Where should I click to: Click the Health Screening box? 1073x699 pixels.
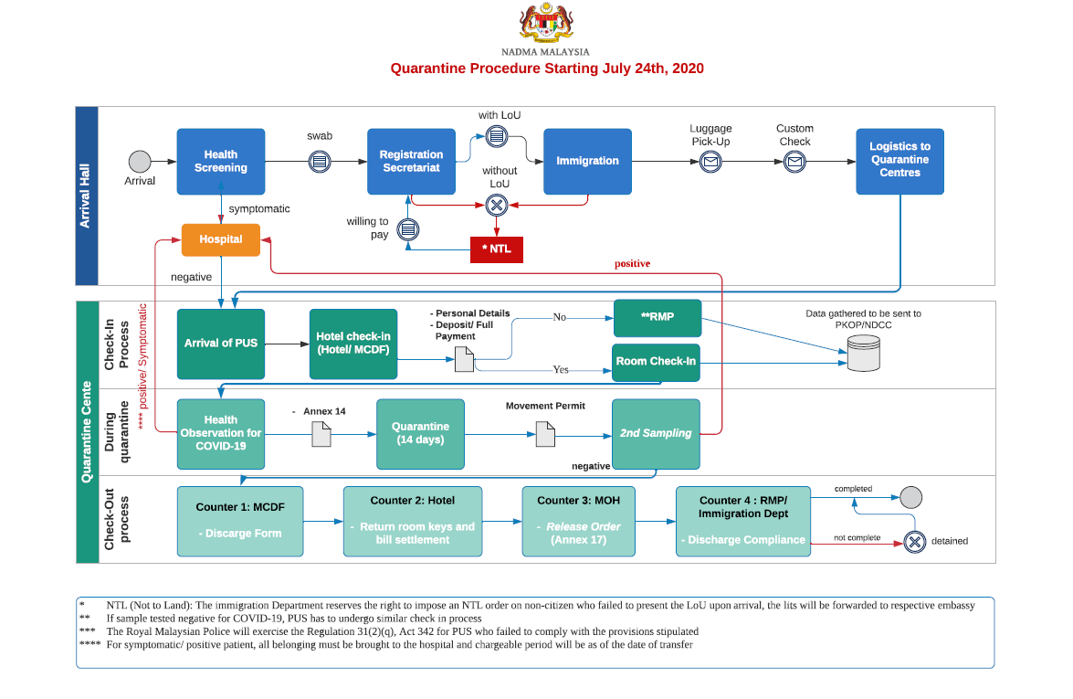(220, 162)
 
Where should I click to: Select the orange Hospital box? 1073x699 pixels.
(220, 239)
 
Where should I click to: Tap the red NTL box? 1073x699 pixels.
(497, 249)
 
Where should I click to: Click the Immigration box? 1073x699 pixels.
(587, 162)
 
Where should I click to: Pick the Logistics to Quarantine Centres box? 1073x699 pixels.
(899, 162)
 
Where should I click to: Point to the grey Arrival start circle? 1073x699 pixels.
(140, 162)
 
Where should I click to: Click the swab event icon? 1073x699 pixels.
(320, 162)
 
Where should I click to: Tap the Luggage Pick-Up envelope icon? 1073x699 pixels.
(711, 162)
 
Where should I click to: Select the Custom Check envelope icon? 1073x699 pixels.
(794, 162)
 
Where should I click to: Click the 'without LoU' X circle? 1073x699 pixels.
(497, 205)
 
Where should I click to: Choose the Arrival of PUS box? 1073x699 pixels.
(220, 344)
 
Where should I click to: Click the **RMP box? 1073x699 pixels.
(657, 318)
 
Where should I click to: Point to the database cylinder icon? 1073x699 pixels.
(864, 354)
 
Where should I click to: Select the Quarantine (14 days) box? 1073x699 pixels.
(420, 434)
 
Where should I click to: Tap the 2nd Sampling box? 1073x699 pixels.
(656, 434)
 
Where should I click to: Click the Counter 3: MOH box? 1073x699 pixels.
(578, 521)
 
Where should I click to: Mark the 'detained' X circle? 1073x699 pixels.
(914, 542)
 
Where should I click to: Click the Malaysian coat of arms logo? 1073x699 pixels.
(545, 23)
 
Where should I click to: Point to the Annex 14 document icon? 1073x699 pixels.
(321, 434)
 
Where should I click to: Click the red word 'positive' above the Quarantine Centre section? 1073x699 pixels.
(632, 263)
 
